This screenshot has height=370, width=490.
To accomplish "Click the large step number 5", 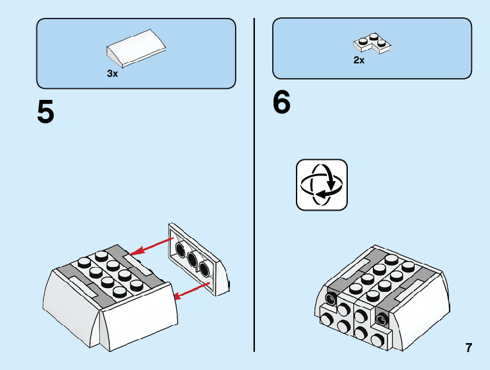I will pyautogui.click(x=46, y=112).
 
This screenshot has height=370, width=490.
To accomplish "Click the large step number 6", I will pyautogui.click(x=282, y=102).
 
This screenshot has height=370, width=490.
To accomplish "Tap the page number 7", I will pyautogui.click(x=469, y=348).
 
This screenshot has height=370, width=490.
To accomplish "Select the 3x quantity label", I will pyautogui.click(x=113, y=74).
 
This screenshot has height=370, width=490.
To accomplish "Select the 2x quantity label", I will pyautogui.click(x=359, y=60).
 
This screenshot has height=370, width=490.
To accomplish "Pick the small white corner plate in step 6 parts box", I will pyautogui.click(x=372, y=44).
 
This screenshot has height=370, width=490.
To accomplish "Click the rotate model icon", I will pyautogui.click(x=322, y=184).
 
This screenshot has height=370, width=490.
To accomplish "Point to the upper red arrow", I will pyautogui.click(x=151, y=248).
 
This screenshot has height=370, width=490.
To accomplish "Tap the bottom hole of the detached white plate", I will pyautogui.click(x=205, y=268).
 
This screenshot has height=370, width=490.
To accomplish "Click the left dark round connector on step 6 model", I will pyautogui.click(x=331, y=299).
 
